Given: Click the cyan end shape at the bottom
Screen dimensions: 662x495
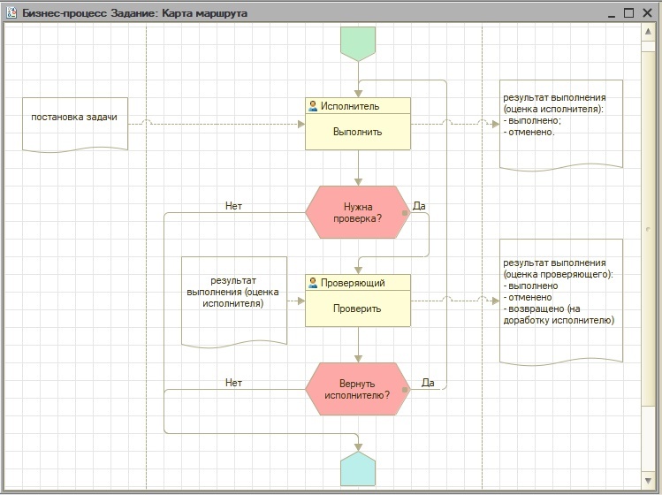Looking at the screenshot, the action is click(x=358, y=468).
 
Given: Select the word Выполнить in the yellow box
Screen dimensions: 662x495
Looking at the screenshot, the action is click(x=358, y=132).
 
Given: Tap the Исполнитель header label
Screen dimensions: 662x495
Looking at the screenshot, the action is click(x=350, y=106).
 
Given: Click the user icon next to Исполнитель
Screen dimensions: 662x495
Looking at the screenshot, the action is click(x=313, y=106).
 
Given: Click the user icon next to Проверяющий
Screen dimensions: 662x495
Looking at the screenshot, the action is click(x=313, y=283).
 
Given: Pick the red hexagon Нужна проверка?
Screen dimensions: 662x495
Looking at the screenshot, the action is click(x=358, y=212).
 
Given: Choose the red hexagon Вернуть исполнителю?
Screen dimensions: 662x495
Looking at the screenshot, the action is click(x=358, y=389).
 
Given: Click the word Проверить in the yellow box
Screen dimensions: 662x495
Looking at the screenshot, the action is click(x=357, y=308).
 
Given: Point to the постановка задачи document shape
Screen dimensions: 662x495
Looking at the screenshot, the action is click(x=75, y=125).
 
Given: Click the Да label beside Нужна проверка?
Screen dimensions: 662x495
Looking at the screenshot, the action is click(x=419, y=206).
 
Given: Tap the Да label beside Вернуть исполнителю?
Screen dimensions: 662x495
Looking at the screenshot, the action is click(x=428, y=383).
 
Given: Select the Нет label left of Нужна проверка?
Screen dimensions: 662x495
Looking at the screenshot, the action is click(x=233, y=206).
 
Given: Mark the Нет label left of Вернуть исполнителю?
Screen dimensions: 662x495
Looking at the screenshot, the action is click(x=233, y=383).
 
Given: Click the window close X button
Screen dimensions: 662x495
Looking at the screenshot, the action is click(x=647, y=13).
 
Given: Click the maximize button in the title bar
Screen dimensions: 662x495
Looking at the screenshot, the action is click(x=628, y=13).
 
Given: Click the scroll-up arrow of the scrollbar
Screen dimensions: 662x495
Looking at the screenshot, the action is click(x=648, y=32).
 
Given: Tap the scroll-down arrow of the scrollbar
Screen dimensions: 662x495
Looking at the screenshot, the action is click(x=648, y=480).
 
